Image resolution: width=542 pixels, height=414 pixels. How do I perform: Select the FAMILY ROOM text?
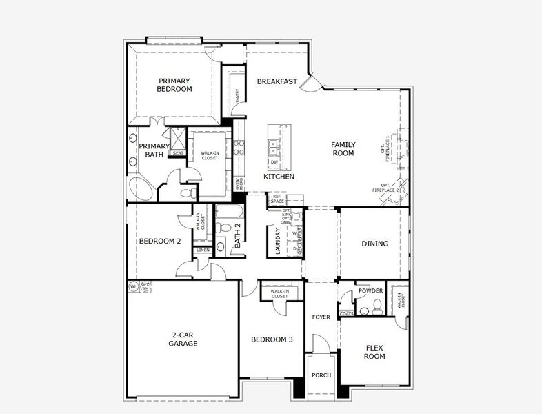[343, 148]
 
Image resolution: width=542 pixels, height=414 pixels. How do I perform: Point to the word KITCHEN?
[279, 177]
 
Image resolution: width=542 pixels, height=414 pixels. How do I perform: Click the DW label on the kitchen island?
[274, 162]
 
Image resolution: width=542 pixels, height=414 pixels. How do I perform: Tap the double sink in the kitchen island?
[274, 146]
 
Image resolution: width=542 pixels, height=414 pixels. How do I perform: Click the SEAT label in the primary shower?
[178, 153]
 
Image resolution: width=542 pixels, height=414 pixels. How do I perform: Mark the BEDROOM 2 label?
[160, 241]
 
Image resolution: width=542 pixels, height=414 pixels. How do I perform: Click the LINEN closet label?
[203, 250]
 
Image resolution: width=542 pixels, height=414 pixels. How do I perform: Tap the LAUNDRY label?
[278, 241]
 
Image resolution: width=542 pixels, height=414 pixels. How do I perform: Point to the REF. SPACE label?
[278, 199]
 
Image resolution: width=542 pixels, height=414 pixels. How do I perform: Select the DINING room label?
[374, 244]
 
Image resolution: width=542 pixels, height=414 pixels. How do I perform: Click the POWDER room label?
[370, 291]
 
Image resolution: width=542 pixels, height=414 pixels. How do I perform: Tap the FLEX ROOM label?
[374, 352]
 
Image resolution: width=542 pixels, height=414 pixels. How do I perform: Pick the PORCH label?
[321, 375]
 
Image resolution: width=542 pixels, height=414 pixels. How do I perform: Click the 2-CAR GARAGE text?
[183, 339]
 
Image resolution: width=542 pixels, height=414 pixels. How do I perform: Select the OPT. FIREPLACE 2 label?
[386, 187]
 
